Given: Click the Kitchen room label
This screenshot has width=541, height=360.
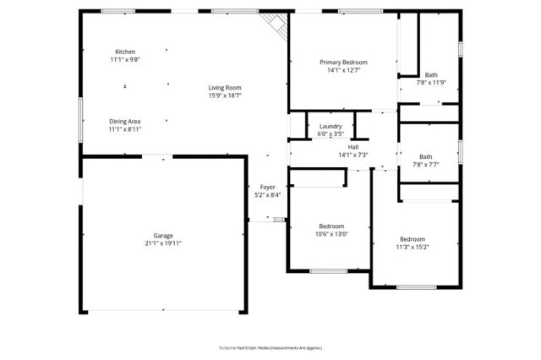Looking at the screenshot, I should coord(125,52).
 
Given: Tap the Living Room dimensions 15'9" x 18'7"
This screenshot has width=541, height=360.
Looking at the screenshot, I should coord(226,96).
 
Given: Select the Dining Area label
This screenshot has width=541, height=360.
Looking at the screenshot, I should coord(125,121).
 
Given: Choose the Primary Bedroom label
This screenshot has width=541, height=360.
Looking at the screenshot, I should coord(343,62).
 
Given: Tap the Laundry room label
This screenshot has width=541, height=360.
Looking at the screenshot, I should coord(331,126).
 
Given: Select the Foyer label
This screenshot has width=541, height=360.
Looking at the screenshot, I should coord(267,187).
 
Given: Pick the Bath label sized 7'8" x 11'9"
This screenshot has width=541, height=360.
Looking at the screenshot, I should coord(431,74).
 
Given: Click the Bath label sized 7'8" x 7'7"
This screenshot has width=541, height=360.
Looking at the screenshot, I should coord(425,156).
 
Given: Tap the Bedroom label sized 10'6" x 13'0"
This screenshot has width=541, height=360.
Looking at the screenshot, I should coord(331,226).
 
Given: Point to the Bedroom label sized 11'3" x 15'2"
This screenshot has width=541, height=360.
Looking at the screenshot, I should coord(413,238).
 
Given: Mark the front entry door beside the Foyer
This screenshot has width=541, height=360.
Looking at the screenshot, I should coord(268,219).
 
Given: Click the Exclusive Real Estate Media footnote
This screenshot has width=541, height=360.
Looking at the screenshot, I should coord(270,347).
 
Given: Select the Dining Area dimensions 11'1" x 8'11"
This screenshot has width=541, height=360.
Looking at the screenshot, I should coord(125,129).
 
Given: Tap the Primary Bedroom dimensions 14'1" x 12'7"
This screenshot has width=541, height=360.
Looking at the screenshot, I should coord(343,70).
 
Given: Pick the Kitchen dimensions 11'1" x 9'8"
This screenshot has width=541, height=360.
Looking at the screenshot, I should coord(125,60).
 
